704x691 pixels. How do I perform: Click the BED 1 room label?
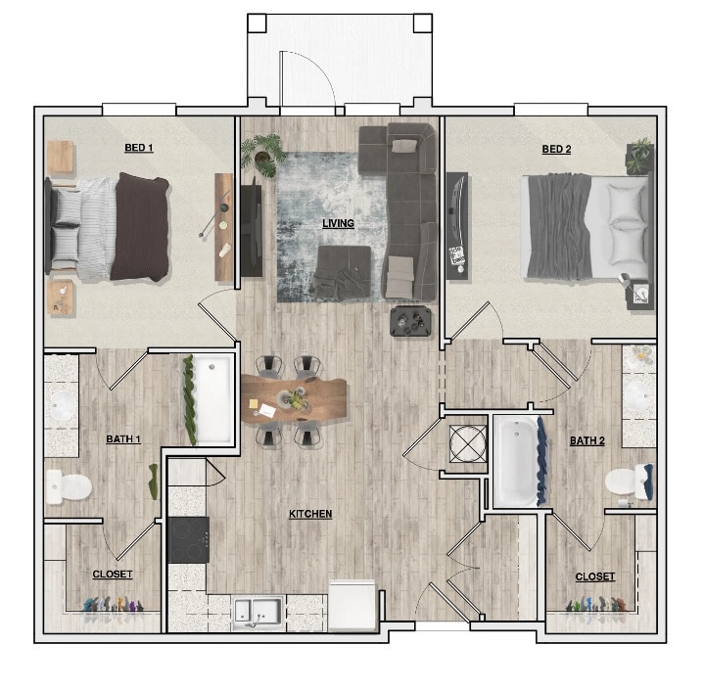(138, 148)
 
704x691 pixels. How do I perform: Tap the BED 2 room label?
(556, 149)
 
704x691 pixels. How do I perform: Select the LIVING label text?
(338, 224)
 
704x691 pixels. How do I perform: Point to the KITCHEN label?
(309, 514)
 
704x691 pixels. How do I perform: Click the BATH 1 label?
(123, 439)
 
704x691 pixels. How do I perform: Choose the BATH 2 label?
(587, 441)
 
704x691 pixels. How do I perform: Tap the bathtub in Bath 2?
(515, 461)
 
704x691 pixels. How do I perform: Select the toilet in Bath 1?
(68, 485)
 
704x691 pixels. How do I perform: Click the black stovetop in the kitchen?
(188, 539)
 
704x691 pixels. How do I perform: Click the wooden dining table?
(294, 399)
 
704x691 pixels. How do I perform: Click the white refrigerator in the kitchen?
(352, 600)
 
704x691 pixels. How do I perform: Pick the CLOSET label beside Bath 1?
(113, 575)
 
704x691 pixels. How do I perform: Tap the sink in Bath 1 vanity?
(61, 405)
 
